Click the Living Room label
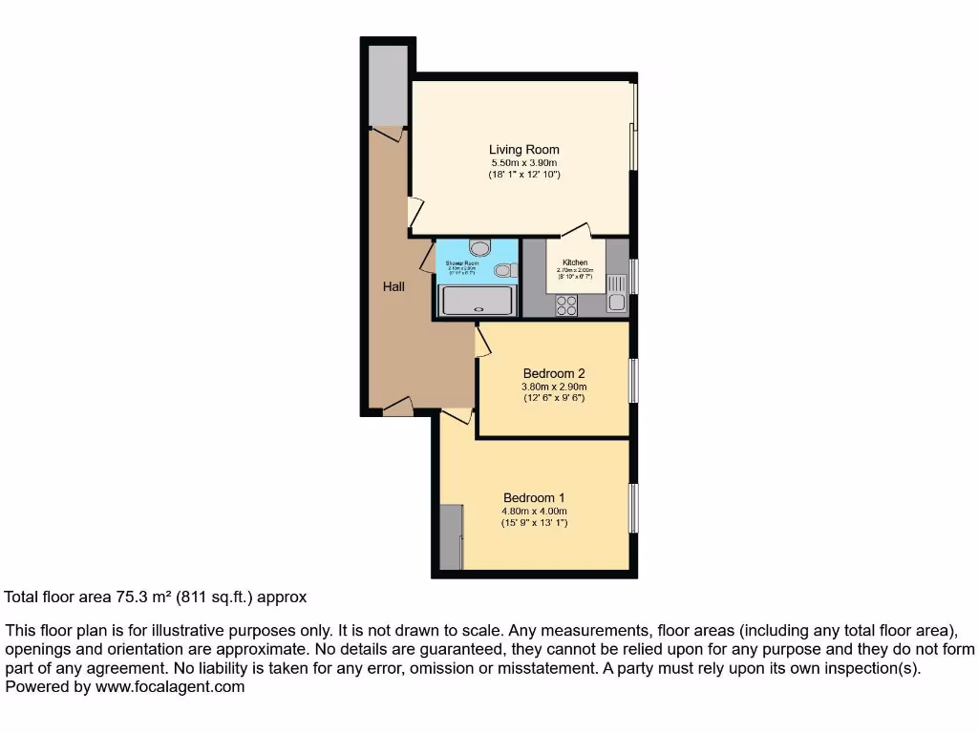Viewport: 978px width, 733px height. [523, 150]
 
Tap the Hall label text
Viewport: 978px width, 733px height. [394, 285]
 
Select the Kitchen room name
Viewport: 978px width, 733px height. [574, 262]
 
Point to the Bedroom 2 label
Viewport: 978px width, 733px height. [553, 373]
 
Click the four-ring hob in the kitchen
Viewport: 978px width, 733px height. [566, 304]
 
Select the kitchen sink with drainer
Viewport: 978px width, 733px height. [617, 293]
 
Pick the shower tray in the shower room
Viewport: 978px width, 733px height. [476, 300]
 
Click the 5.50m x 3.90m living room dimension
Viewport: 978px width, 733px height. [523, 163]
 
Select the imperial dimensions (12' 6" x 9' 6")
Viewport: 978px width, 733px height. [553, 397]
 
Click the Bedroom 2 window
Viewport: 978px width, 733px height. [632, 380]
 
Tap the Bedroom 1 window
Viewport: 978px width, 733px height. [632, 508]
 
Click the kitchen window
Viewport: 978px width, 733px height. [633, 278]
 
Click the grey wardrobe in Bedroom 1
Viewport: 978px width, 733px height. [451, 536]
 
